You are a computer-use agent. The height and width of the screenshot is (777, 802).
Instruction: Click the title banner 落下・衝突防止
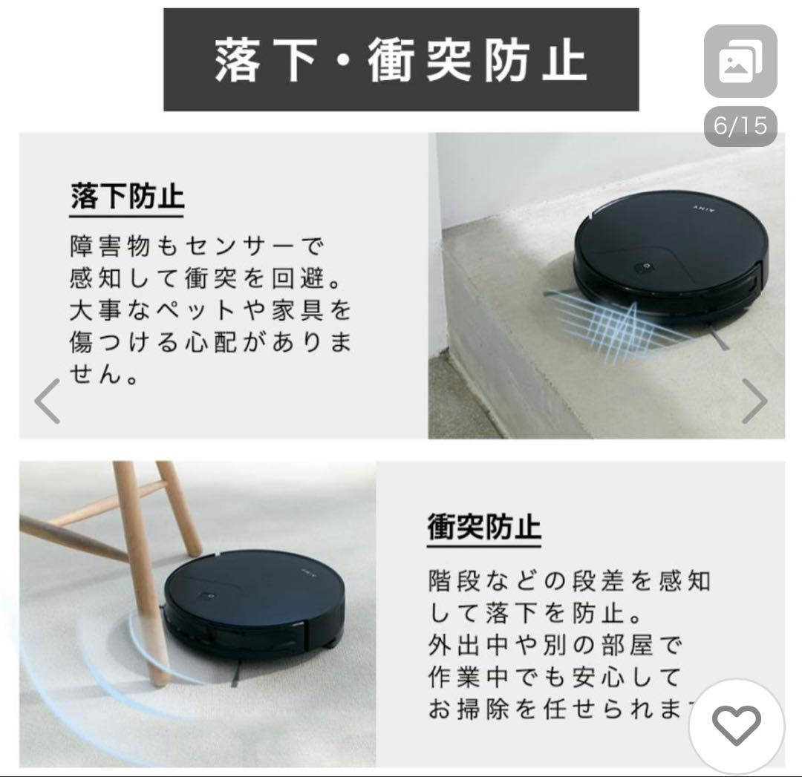401,60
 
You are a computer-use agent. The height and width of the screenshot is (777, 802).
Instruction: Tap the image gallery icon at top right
740,62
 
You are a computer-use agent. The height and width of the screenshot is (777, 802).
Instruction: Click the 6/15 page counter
740,125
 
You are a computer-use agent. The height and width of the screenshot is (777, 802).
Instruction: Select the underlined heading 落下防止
127,197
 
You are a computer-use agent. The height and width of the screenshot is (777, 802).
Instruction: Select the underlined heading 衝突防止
484,527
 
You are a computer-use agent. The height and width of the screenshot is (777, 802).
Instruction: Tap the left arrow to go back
47,401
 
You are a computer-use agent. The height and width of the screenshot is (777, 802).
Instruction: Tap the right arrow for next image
754,401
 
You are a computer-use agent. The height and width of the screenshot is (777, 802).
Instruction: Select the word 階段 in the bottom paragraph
454,580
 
